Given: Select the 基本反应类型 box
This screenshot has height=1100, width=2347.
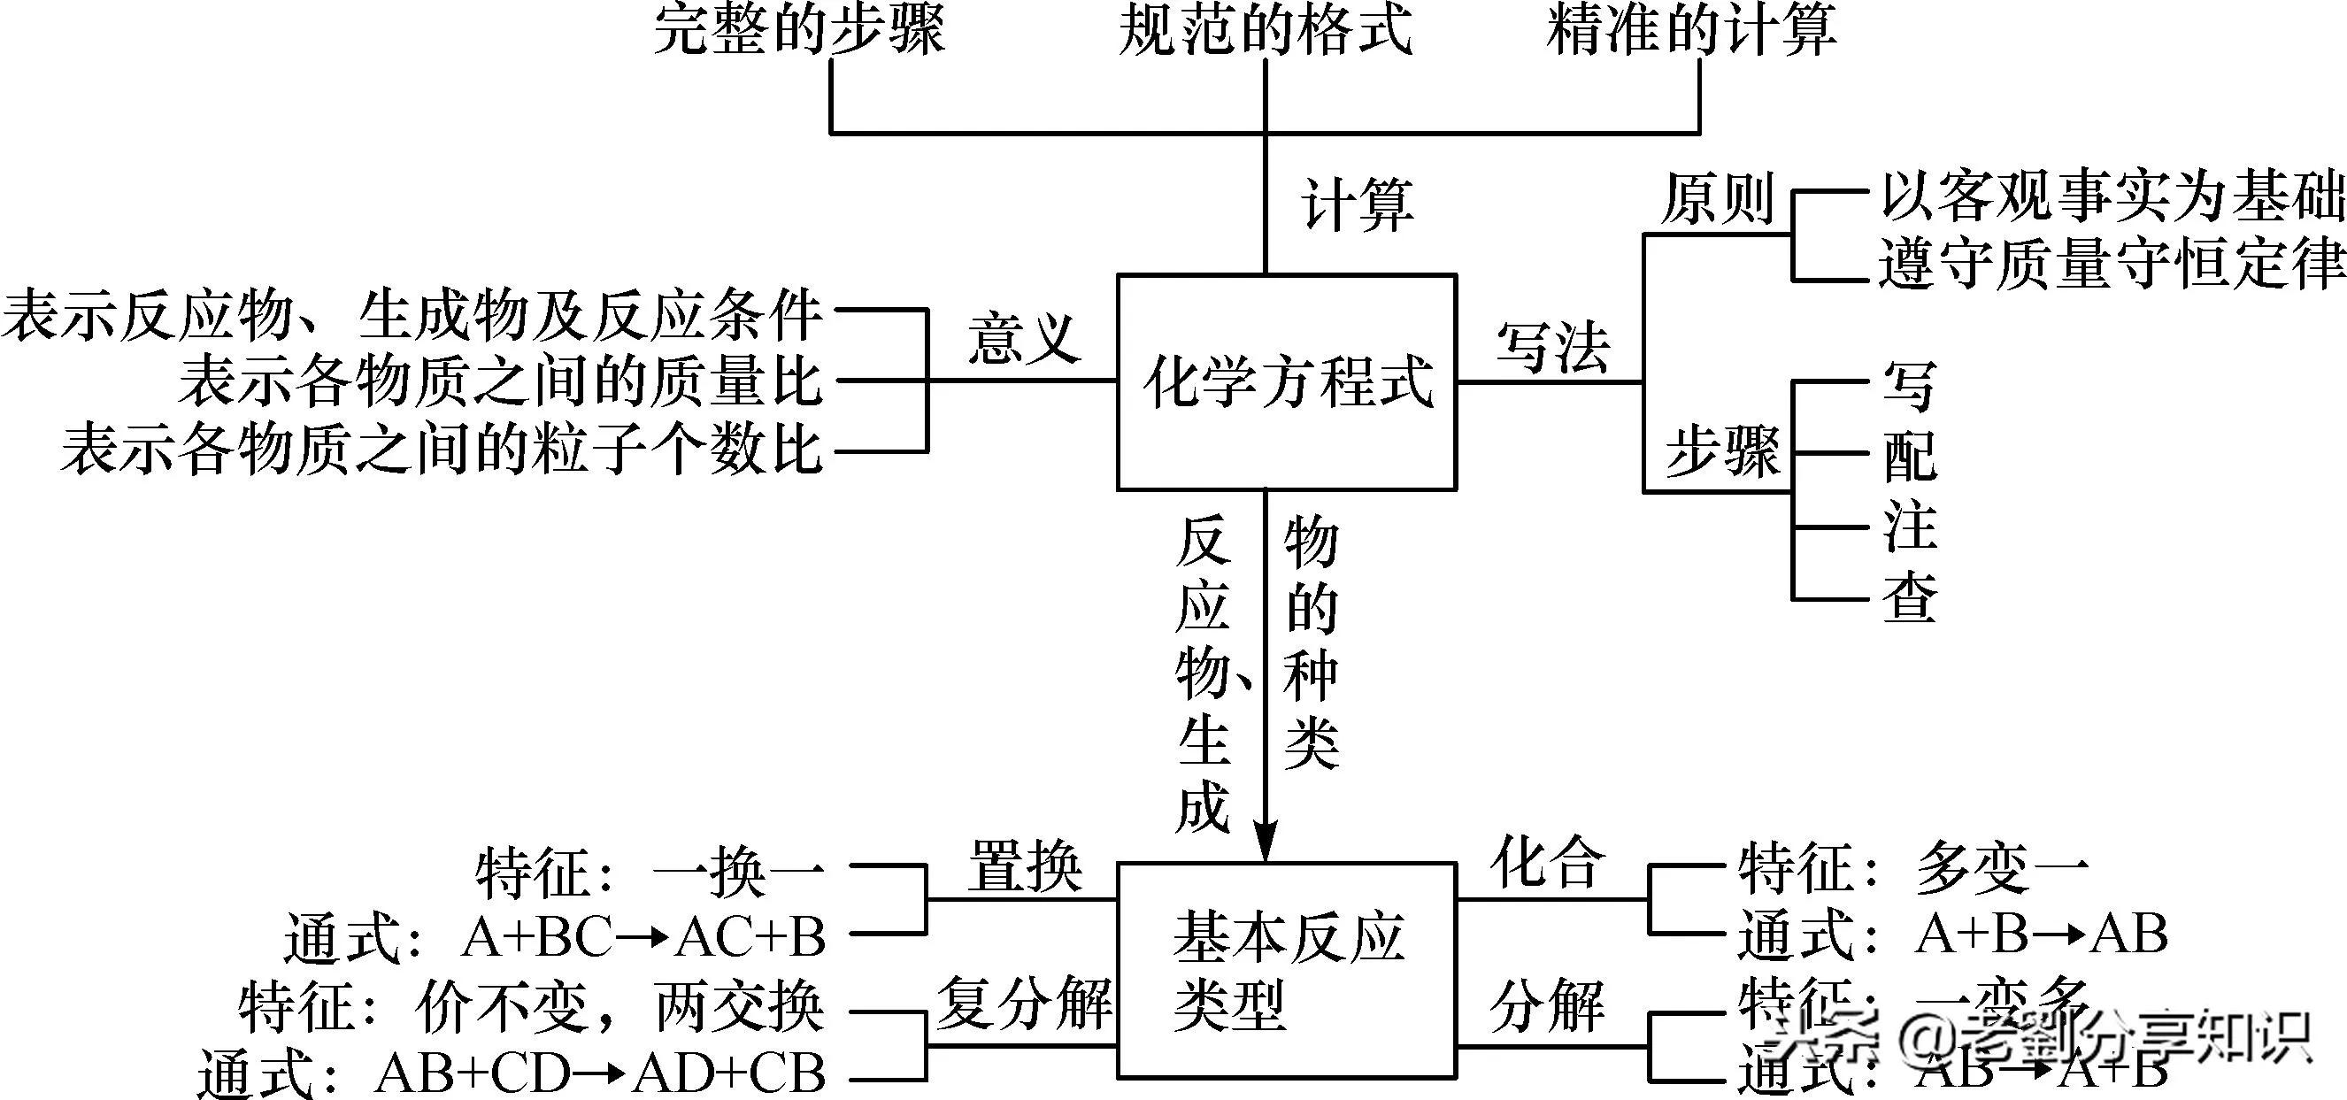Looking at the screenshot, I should [1287, 971].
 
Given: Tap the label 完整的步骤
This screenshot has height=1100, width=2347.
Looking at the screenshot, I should [799, 31].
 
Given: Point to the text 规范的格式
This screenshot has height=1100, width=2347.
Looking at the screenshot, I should [1265, 31].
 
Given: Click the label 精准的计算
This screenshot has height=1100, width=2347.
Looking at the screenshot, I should [1691, 31].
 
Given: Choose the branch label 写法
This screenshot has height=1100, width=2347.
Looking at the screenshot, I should [1551, 347].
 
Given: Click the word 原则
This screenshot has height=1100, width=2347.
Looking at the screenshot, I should [1717, 200].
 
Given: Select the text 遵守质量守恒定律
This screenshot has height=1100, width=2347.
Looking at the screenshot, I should [2112, 265].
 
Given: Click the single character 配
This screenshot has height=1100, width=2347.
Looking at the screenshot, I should [1910, 455].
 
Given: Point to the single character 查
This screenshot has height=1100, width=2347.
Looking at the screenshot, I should [1910, 599].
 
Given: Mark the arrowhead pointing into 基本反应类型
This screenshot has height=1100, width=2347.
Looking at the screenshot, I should [1266, 843].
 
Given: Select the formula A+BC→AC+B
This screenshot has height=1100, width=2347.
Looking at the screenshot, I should [643, 937].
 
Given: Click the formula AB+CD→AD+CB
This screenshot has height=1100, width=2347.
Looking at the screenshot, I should [600, 1073].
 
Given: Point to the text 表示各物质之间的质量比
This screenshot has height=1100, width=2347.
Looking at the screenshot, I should [500, 381].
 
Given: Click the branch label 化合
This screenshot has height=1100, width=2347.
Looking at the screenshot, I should [1548, 861].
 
